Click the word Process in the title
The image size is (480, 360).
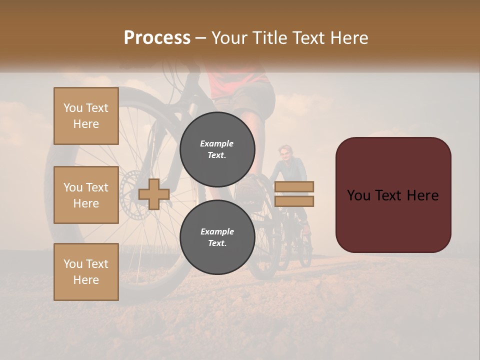[x=157, y=37]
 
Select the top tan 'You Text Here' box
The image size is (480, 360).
[x=86, y=116]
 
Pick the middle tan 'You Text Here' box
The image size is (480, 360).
[x=86, y=195]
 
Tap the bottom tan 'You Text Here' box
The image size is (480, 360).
[x=86, y=271]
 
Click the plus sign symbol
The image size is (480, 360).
[x=154, y=194]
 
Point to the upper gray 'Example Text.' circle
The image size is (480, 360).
[x=217, y=149]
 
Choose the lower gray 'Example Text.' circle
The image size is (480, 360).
[x=217, y=237]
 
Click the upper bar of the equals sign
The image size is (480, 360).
[x=294, y=186]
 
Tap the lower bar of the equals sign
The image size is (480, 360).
[x=294, y=201]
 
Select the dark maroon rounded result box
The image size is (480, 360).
[x=393, y=195]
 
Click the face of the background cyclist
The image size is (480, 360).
[x=285, y=153]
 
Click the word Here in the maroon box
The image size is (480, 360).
[x=422, y=195]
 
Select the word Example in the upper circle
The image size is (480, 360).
[x=217, y=143]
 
